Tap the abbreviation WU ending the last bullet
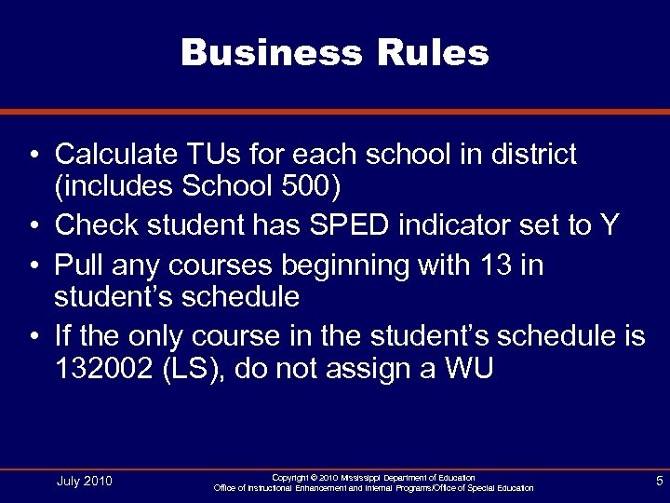click(471, 370)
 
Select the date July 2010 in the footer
click(84, 481)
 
